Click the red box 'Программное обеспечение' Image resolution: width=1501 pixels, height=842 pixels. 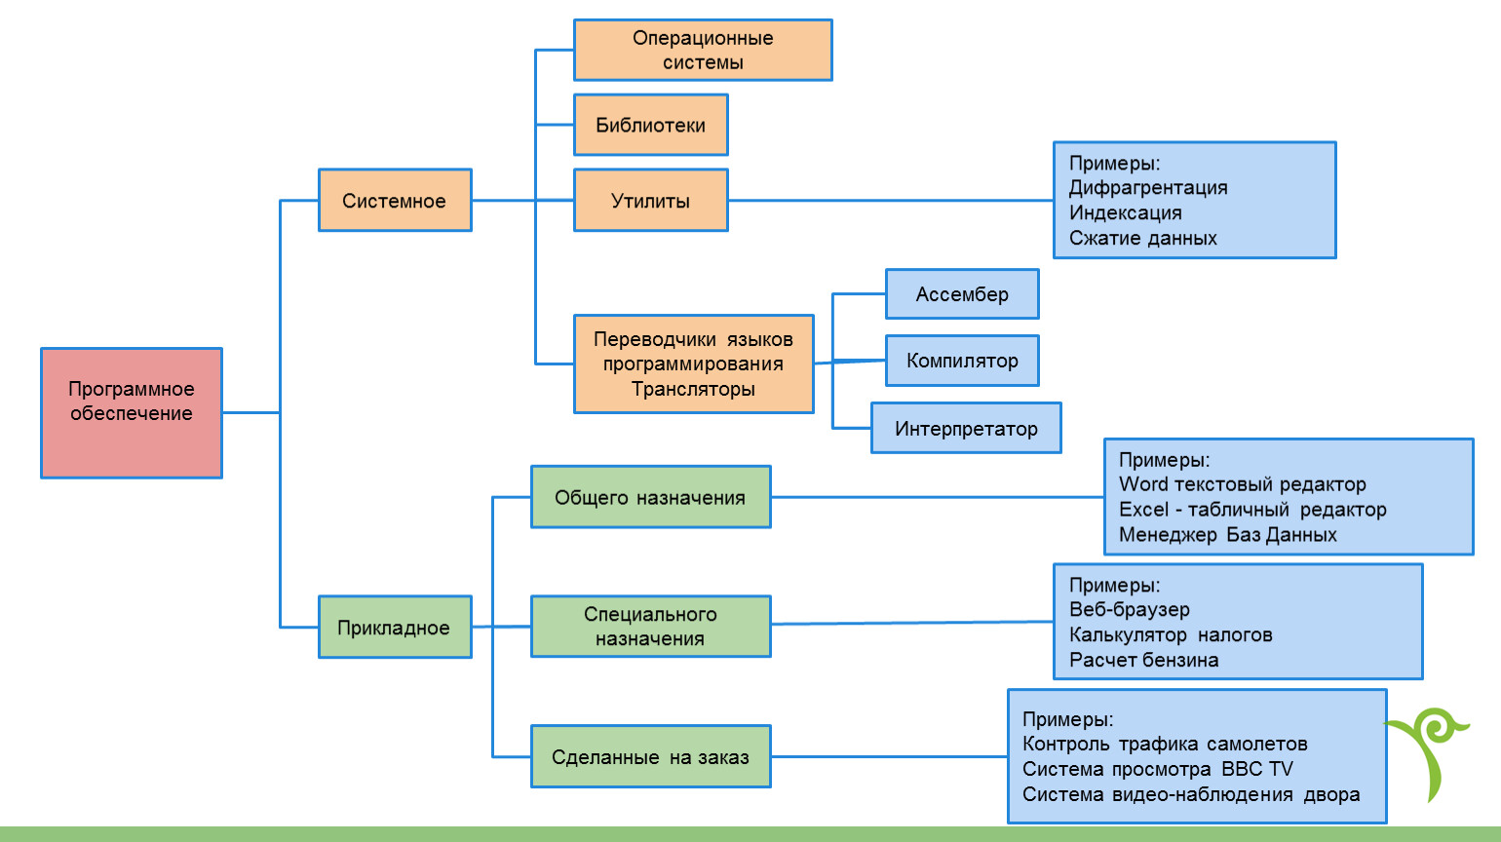132,412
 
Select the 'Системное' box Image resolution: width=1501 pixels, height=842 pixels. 395,201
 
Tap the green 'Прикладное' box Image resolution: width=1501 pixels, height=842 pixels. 395,628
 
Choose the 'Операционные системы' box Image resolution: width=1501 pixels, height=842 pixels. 703,50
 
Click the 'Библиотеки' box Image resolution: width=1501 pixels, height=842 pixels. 650,125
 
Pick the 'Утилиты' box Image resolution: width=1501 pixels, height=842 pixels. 650,201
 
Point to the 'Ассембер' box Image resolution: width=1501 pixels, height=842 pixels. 962,294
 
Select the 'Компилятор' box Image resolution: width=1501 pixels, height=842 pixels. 962,361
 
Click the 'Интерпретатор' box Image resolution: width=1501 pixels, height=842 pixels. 966,429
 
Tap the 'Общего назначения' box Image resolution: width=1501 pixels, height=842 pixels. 650,497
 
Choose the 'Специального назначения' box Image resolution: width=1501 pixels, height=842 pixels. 650,627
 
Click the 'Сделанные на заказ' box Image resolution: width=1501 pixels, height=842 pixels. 650,757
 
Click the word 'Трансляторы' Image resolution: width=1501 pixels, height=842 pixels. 693,389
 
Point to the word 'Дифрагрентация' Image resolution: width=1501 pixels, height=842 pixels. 1148,188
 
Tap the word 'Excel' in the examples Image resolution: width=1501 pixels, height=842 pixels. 1143,510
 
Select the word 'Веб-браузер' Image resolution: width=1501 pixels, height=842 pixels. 1130,610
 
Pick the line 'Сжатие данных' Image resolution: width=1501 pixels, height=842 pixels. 1142,239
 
